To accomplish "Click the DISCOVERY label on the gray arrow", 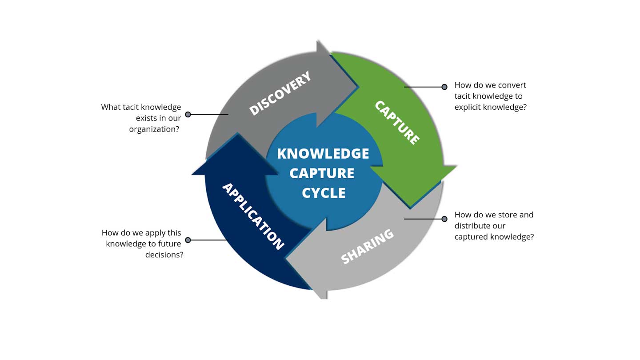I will pyautogui.click(x=280, y=94).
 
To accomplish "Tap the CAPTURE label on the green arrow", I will pyautogui.click(x=397, y=123).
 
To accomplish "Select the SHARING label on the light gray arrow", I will pyautogui.click(x=367, y=247).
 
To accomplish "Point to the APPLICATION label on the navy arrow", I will pyautogui.click(x=252, y=216).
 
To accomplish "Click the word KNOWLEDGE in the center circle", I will pyautogui.click(x=323, y=153).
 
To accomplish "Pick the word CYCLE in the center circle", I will pyautogui.click(x=323, y=193).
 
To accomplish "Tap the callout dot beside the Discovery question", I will pyautogui.click(x=188, y=114).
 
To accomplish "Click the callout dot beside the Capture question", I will pyautogui.click(x=444, y=87).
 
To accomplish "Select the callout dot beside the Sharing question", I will pyautogui.click(x=444, y=219).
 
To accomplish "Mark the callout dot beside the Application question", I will pyautogui.click(x=188, y=240).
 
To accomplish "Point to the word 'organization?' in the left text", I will pyautogui.click(x=154, y=129).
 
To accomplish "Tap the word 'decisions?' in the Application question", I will pyautogui.click(x=164, y=255).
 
